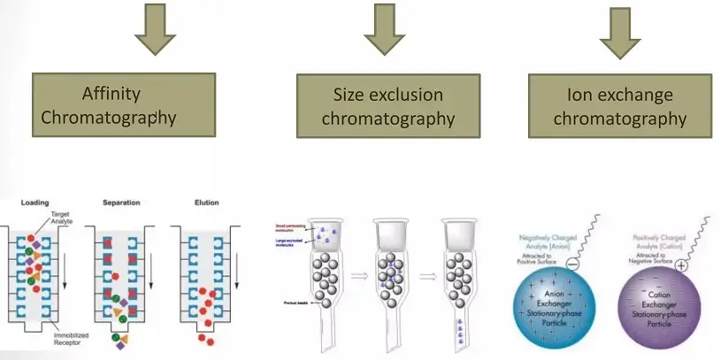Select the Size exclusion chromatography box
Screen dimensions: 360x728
pyautogui.click(x=388, y=106)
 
